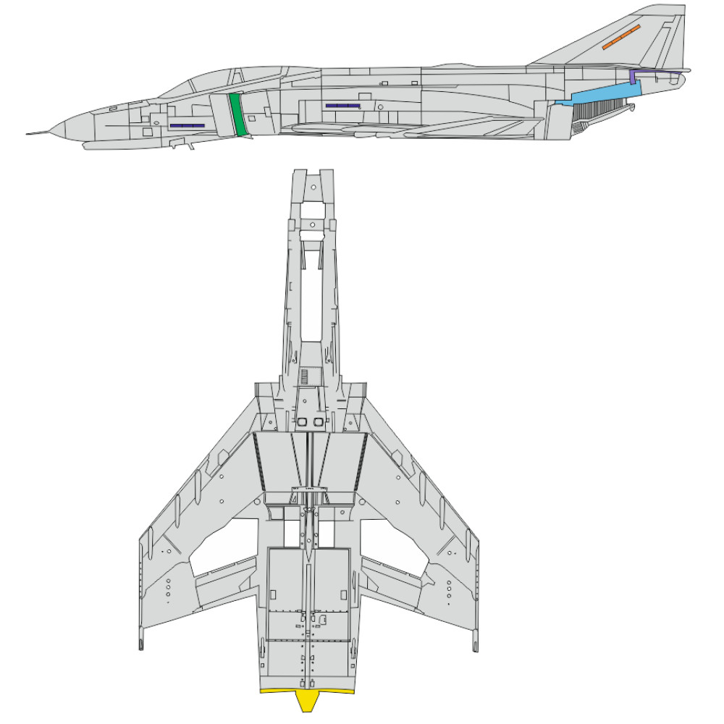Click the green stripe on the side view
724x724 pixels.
coord(237,114)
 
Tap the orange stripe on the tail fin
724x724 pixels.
coord(622,37)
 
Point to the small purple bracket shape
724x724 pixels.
coord(634,76)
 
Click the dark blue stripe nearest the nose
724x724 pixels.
coord(188,126)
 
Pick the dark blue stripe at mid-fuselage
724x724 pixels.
coord(342,106)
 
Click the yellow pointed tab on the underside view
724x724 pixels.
coord(308,699)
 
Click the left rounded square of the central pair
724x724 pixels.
coord(302,421)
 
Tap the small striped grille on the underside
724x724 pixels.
coord(305,376)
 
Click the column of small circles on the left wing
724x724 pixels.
coord(168,590)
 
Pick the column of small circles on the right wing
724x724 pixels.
coord(449,590)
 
